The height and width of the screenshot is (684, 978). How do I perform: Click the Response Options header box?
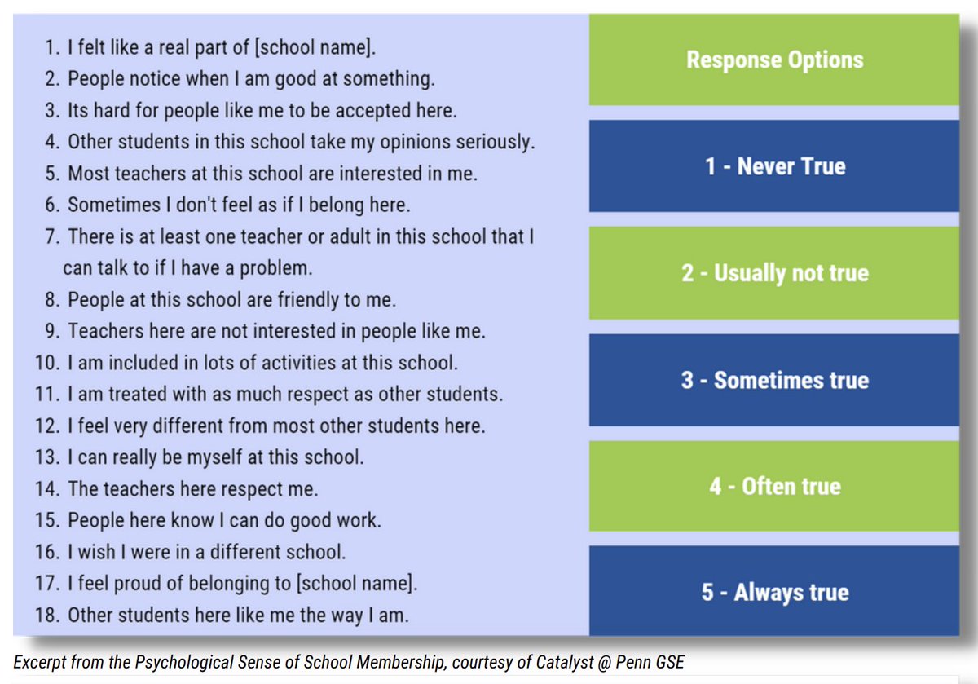774,60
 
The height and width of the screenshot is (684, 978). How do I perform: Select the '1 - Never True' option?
774,166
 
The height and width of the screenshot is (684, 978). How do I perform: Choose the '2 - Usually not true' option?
774,272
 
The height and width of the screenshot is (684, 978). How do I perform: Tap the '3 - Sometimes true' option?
774,380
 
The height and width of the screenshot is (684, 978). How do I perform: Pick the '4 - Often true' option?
774,487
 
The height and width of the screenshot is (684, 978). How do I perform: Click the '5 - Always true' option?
774,592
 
